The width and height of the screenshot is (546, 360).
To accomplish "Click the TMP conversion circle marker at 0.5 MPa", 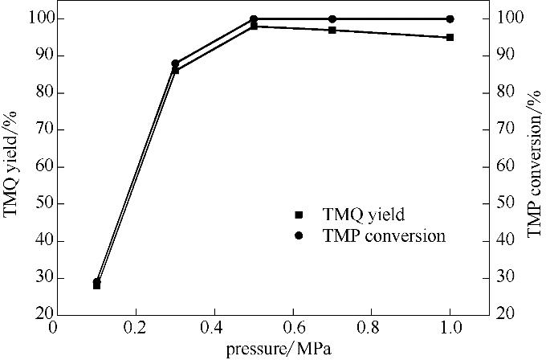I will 254,18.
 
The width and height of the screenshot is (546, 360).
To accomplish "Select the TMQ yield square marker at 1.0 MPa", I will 450,37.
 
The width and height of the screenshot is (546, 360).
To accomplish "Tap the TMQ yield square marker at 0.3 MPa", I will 175,70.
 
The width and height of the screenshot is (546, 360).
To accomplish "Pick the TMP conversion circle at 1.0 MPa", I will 450,18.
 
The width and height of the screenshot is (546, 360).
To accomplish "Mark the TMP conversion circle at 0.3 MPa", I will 175,63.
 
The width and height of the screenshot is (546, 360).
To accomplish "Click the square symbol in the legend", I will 299,215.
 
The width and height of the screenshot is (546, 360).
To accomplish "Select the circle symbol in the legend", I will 299,235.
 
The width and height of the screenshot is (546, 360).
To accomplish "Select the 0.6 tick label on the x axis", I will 292,328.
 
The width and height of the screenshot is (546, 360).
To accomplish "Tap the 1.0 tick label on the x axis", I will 450,328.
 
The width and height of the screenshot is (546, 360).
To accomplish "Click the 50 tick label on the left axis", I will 32,203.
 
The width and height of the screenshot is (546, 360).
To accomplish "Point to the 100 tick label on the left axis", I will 29,18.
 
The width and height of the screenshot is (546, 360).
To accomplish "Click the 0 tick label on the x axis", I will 54,328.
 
